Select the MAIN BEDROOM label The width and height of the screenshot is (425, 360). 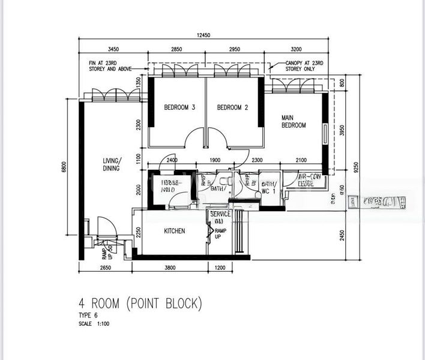point(294,121)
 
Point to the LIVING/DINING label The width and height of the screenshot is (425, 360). point(111,164)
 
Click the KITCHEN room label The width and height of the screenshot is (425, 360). point(175,231)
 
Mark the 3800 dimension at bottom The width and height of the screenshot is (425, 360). point(170,268)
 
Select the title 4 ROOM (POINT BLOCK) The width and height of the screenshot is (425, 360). point(140,304)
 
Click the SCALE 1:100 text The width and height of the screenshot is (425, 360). point(94,324)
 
